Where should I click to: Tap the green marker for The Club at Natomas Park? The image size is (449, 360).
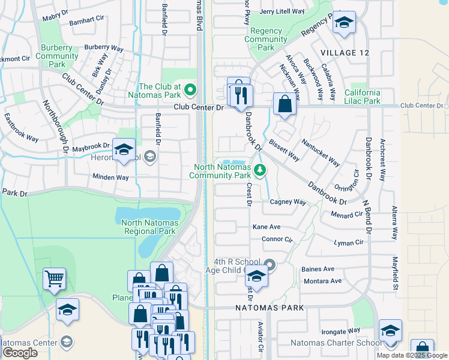191,91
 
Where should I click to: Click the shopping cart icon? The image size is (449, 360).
55,279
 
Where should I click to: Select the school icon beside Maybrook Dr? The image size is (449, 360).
124,149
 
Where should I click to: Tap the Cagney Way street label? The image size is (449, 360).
288,202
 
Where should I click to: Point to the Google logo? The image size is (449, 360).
20,353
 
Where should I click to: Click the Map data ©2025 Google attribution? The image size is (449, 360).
412,355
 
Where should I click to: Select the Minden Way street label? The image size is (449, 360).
110,178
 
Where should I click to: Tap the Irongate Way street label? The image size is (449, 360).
340,331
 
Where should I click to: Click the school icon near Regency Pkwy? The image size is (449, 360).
345,23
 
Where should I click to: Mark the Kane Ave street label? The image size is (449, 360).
267,227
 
